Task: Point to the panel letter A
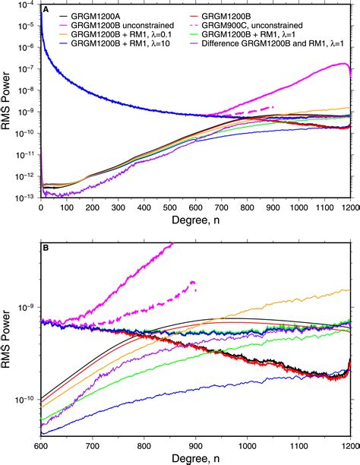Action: pos(47,10)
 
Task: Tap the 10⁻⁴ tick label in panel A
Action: pos(27,5)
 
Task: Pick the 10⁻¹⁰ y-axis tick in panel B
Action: pos(27,400)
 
